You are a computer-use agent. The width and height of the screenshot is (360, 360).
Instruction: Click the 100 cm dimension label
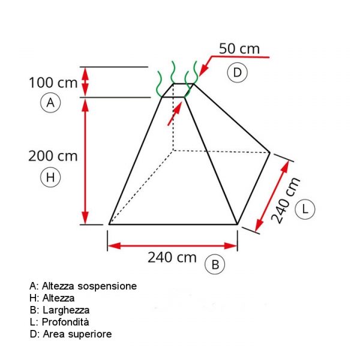[x=53, y=83]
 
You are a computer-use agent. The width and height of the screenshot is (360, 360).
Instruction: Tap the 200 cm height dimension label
[x=53, y=156]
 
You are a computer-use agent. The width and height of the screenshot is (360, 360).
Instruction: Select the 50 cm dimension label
[x=239, y=49]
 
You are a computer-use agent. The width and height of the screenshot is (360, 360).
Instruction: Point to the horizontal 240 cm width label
[x=172, y=257]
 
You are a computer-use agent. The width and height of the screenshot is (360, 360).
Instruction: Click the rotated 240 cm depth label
[x=286, y=200]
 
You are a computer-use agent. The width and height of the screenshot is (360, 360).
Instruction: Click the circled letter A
[x=50, y=103]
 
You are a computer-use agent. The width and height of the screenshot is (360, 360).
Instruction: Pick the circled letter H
[x=50, y=177]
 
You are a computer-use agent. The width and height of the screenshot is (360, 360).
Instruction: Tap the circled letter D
[x=237, y=73]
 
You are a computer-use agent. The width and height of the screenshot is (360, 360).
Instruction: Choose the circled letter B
[x=215, y=265]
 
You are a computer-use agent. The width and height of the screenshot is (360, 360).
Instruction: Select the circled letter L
[x=305, y=209]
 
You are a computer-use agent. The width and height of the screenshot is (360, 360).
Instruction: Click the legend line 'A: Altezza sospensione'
[x=83, y=286]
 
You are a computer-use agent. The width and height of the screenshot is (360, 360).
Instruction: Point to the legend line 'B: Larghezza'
[x=59, y=310]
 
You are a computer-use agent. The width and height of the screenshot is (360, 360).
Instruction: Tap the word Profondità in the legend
[x=65, y=322]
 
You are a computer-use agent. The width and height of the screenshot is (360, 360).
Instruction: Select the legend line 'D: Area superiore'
[x=71, y=334]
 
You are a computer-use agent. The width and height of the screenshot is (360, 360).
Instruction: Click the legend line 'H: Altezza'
[x=52, y=298]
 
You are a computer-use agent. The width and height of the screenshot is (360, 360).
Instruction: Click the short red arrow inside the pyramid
[x=175, y=113]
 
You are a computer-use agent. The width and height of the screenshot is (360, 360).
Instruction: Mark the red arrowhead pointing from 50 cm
[x=203, y=70]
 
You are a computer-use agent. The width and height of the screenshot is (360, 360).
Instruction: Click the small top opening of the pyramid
[x=178, y=91]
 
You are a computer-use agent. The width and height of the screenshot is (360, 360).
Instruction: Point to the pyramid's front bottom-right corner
[x=238, y=224]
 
